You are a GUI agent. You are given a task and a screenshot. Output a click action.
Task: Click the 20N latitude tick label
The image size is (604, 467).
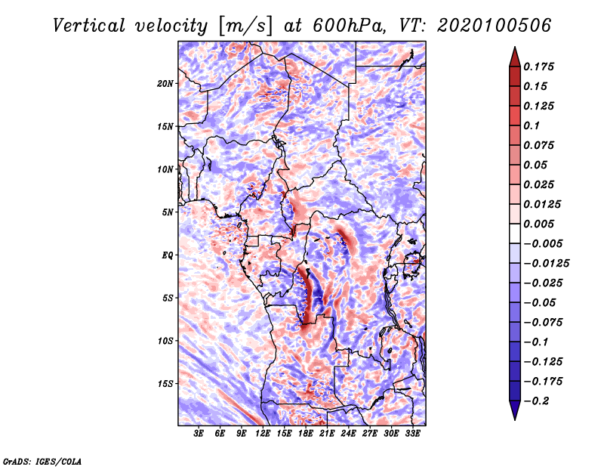click(165, 84)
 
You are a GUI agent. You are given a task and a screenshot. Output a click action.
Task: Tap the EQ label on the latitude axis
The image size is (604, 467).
click(168, 255)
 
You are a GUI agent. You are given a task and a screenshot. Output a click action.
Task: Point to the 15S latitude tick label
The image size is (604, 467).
click(165, 384)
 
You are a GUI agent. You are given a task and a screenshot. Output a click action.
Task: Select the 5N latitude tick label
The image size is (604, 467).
click(168, 212)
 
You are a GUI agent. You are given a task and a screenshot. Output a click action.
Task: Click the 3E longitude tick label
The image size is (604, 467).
click(199, 434)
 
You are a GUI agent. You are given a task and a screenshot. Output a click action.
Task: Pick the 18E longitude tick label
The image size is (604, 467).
click(306, 434)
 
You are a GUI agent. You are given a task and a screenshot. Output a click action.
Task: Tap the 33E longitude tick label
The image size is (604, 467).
click(412, 434)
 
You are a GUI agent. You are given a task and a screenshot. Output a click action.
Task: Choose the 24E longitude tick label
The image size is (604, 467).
click(348, 434)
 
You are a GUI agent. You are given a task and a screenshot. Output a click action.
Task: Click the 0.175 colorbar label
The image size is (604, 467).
click(538, 66)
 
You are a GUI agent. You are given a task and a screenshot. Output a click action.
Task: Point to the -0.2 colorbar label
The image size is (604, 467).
click(536, 401)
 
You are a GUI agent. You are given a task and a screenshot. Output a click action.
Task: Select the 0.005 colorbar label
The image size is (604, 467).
click(538, 224)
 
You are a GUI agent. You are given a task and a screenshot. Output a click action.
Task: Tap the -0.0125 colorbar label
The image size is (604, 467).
click(546, 264)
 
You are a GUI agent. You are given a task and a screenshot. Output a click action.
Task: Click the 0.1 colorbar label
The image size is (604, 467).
click(532, 125)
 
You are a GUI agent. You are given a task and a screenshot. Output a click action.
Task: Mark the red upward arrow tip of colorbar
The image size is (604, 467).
click(515, 47)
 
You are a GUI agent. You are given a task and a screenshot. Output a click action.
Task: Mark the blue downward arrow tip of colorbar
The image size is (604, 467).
click(515, 419)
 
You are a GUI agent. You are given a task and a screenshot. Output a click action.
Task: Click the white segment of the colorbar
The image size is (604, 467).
click(515, 233)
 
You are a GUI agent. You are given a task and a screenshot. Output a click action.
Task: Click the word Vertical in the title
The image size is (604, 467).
click(89, 26)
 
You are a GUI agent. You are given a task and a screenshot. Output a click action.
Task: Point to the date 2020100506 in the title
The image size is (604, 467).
click(495, 26)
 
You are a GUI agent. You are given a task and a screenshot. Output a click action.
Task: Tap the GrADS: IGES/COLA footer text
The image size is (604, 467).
click(42, 462)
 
